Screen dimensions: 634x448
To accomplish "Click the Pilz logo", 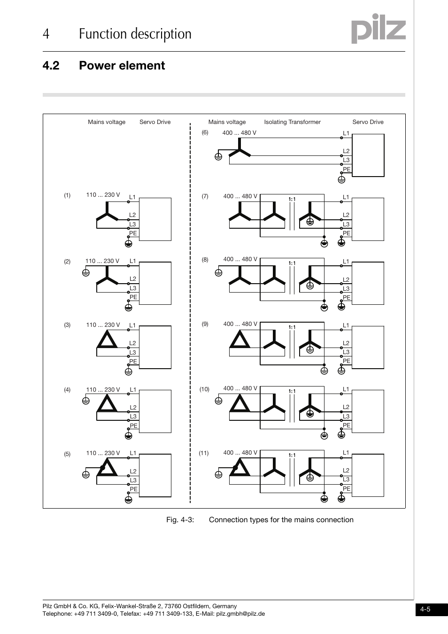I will (378, 29).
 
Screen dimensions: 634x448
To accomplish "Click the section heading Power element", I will (122, 65).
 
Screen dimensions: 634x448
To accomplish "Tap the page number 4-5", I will (425, 610).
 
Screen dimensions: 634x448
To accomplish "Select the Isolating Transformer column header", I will (292, 122).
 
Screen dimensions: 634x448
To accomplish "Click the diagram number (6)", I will (205, 132).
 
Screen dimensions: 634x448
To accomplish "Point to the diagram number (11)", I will (203, 453).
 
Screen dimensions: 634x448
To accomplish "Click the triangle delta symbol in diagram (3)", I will (107, 340).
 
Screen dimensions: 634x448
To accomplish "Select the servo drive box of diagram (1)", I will (155, 219).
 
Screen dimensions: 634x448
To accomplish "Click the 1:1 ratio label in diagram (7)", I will (292, 199).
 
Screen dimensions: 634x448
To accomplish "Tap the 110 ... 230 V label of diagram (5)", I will (103, 453).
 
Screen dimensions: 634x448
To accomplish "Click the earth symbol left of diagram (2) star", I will (85, 272).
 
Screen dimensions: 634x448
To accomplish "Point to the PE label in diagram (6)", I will (347, 170).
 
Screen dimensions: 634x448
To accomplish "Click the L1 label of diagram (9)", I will (346, 325).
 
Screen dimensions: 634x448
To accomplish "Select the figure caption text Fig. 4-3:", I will (180, 520).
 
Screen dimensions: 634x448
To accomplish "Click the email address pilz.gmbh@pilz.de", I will (240, 614).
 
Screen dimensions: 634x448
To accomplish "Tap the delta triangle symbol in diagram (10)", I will (240, 403).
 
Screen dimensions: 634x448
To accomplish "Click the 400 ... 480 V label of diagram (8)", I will (240, 259).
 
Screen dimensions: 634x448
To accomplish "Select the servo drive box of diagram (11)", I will (368, 475).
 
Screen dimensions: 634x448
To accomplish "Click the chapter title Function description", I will (135, 34).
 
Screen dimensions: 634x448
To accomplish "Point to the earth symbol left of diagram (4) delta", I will (85, 401).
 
